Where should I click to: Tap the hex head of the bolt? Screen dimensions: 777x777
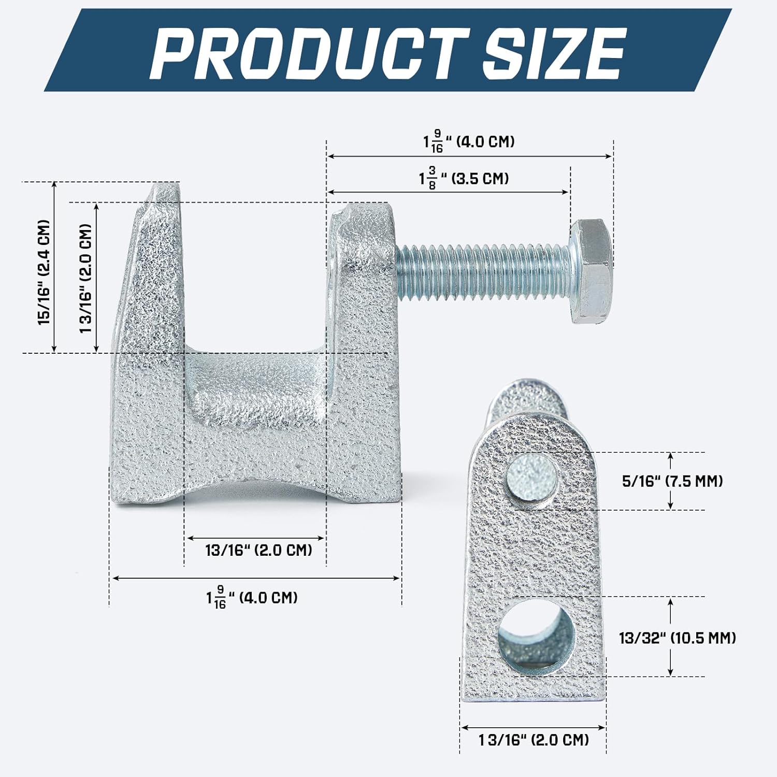(x=592, y=271)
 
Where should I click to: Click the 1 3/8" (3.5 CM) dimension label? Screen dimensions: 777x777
(x=464, y=179)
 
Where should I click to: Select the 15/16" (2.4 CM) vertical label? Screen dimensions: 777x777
(x=44, y=272)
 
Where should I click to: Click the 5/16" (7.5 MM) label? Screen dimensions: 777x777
(x=672, y=481)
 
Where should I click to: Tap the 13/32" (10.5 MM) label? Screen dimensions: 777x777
(x=678, y=638)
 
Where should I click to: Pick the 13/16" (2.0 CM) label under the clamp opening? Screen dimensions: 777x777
(x=258, y=550)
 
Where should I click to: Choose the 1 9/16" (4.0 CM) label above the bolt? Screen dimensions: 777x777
(x=469, y=141)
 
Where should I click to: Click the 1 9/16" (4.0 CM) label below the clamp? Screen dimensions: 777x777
(x=252, y=597)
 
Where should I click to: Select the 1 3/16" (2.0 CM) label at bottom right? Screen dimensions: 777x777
(x=534, y=740)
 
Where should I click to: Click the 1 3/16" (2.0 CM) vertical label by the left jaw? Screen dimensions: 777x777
(x=85, y=278)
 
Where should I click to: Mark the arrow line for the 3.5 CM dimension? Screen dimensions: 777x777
(x=448, y=192)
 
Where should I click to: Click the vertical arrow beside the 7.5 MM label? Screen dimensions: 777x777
(x=671, y=481)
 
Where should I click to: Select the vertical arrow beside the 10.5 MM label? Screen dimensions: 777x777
(x=671, y=637)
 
